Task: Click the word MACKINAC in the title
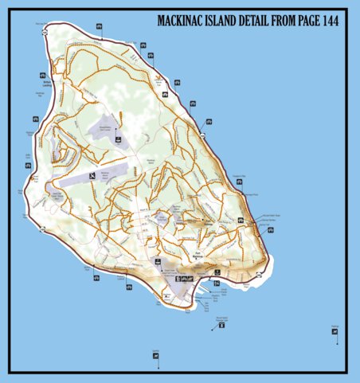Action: [184, 21]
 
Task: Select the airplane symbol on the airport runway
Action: [93, 174]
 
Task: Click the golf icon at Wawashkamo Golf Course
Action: [119, 141]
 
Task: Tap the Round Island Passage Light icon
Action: [221, 324]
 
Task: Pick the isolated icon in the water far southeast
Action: [335, 331]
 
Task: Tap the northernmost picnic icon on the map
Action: [97, 27]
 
